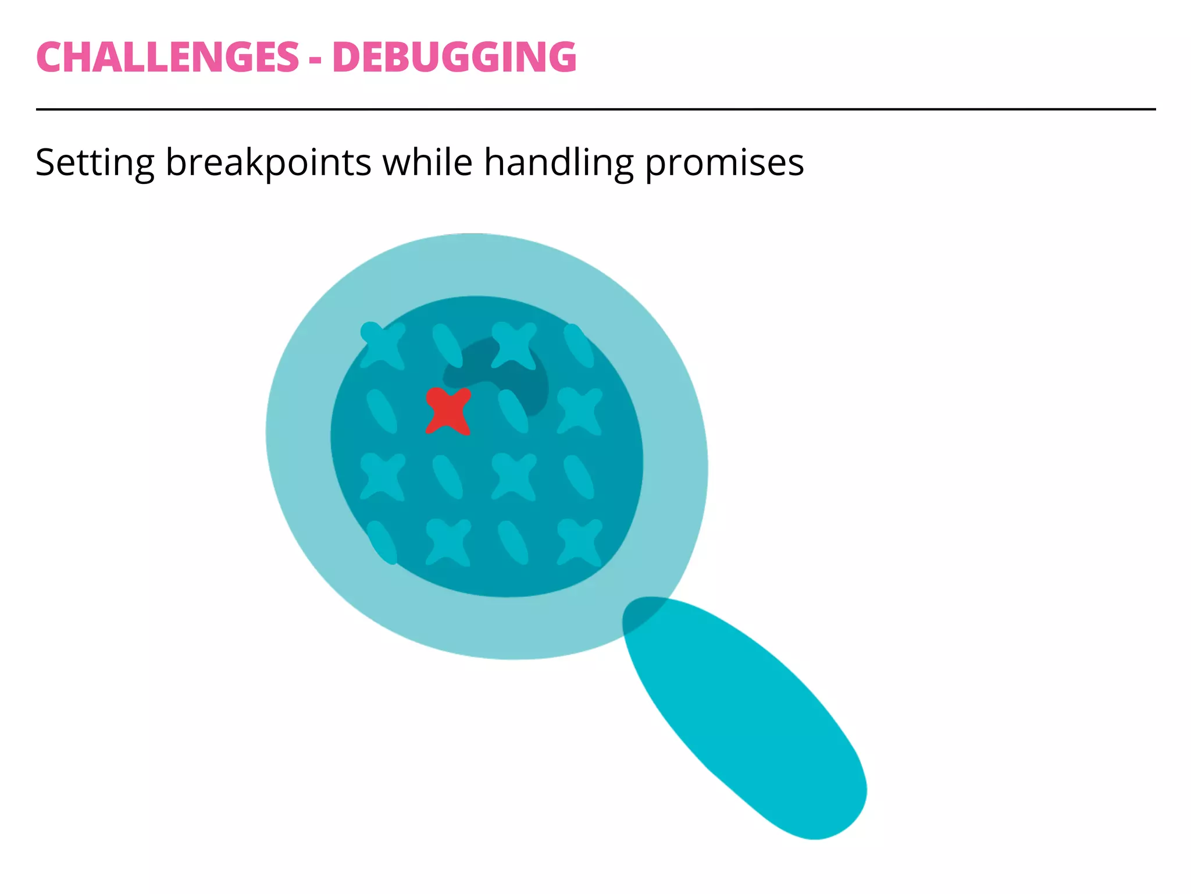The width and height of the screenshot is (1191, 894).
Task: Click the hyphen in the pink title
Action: (315, 60)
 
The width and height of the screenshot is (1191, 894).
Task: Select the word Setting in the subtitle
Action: (95, 162)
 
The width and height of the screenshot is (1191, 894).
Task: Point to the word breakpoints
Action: (268, 162)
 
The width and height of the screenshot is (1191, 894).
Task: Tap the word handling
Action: (558, 162)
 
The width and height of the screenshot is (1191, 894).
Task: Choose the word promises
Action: (725, 162)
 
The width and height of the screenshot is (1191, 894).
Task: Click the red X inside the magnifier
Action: (448, 411)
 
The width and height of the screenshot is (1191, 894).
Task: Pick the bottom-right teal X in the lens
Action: (579, 542)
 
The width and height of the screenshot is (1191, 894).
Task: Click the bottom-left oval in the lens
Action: (382, 542)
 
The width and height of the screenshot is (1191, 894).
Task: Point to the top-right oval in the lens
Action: (579, 346)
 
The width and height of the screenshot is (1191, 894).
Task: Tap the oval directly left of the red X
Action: (382, 411)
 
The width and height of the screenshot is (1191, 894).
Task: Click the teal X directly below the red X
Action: (448, 542)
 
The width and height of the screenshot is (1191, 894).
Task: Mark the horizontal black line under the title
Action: (595, 109)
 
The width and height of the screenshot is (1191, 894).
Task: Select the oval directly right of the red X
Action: (514, 411)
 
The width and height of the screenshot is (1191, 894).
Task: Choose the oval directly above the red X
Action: (447, 346)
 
